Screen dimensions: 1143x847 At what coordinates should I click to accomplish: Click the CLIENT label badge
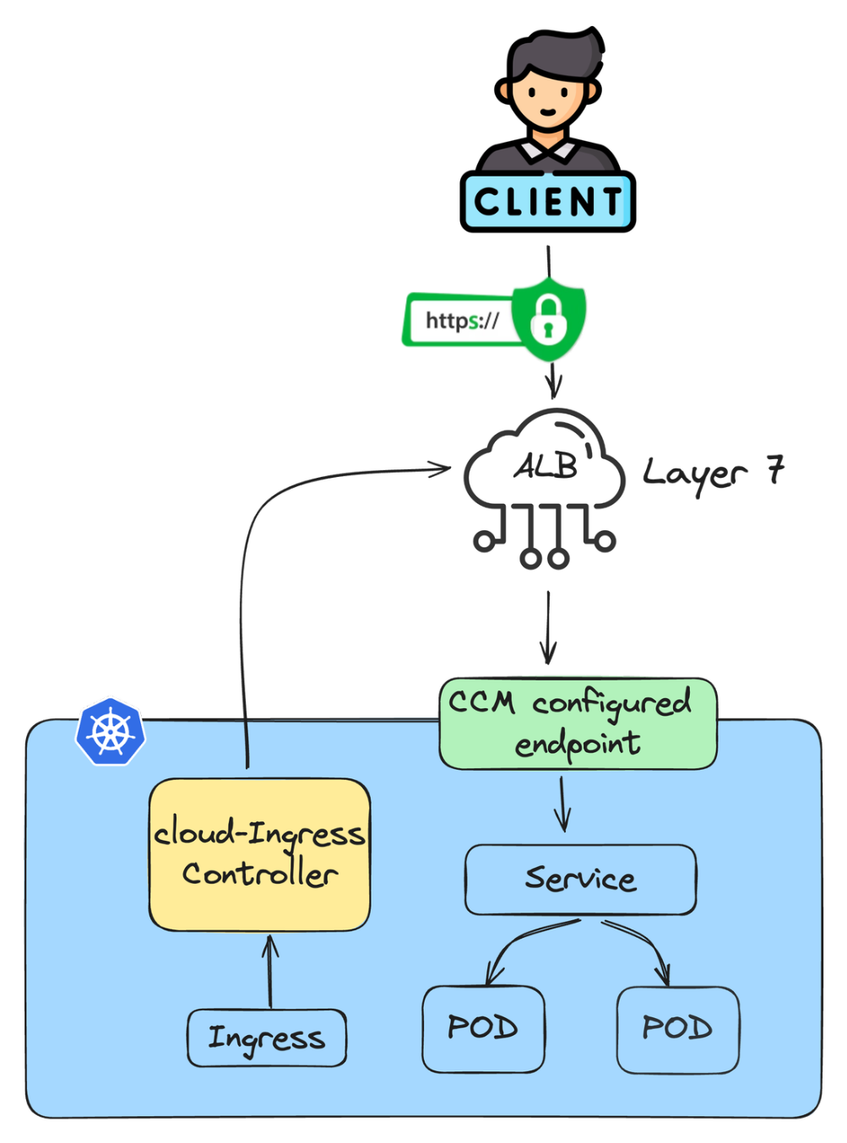pos(547,202)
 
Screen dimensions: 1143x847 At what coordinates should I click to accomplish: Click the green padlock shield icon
pos(549,318)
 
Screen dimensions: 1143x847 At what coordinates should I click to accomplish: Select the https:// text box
pos(460,321)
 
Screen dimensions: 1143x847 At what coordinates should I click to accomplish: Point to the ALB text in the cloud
pos(546,466)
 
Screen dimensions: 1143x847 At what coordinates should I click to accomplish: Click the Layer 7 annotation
pos(713,472)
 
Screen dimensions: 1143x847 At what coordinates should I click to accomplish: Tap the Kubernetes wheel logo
pos(110,731)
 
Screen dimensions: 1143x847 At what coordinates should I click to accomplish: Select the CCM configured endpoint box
pos(578,723)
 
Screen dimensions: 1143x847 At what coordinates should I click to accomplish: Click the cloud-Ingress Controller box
pos(259,854)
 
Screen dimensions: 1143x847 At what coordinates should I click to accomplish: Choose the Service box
pos(581,879)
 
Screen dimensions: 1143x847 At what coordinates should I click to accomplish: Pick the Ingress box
pos(267,1037)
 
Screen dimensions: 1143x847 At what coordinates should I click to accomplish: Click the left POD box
pos(483,1028)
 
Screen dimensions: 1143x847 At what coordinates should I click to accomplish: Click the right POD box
pos(678,1028)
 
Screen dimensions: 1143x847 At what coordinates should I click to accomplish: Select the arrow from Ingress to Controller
pos(270,971)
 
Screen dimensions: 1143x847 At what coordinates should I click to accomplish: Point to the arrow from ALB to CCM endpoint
pos(548,626)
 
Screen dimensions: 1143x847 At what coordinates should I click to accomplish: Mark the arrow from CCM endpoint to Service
pos(563,804)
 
